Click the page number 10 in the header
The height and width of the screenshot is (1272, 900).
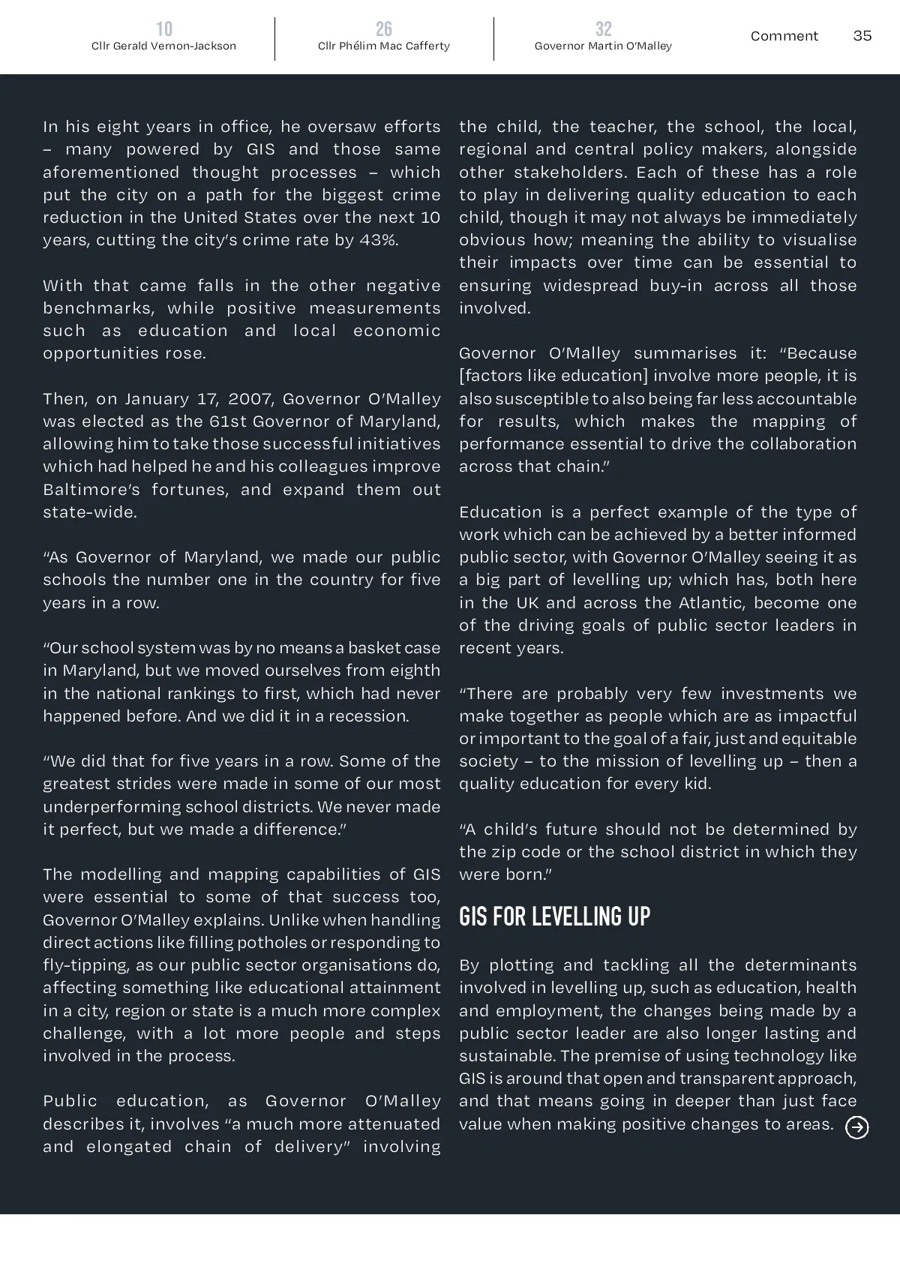164,29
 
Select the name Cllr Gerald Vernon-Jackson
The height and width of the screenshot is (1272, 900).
163,46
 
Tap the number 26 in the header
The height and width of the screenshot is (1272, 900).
384,29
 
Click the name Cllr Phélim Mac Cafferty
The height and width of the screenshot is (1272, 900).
384,46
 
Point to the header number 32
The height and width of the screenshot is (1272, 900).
603,29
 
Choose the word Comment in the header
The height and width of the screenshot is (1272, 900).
784,36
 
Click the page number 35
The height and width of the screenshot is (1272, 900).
862,36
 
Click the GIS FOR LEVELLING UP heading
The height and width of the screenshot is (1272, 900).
554,916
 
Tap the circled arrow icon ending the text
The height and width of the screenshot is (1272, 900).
856,1127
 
